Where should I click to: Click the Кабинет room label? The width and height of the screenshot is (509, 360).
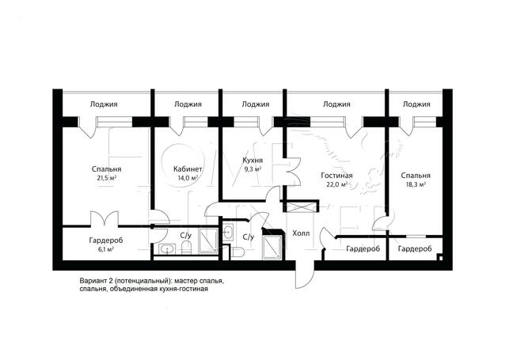tap(188, 169)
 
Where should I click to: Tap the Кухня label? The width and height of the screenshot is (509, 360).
tap(253, 161)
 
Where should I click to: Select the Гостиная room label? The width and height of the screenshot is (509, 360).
tap(336, 176)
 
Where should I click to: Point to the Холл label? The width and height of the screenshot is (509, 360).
tap(301, 233)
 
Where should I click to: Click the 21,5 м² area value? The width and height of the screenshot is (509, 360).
tap(107, 178)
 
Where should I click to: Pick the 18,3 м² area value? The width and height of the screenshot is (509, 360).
tap(416, 184)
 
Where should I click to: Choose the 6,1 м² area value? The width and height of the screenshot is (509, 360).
tap(106, 249)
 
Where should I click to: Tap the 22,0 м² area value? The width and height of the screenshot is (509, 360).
tap(337, 184)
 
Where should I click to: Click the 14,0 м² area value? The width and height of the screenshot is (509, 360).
tap(188, 178)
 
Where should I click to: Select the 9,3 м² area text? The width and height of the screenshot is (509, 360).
tap(253, 169)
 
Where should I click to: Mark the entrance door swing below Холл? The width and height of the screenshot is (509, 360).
tap(305, 273)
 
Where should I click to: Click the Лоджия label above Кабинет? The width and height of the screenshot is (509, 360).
tap(188, 104)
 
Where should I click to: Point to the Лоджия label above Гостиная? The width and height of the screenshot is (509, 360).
tap(336, 104)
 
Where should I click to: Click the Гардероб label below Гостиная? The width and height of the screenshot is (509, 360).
tap(363, 249)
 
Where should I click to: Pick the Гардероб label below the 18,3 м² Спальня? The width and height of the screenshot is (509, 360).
tap(415, 249)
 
